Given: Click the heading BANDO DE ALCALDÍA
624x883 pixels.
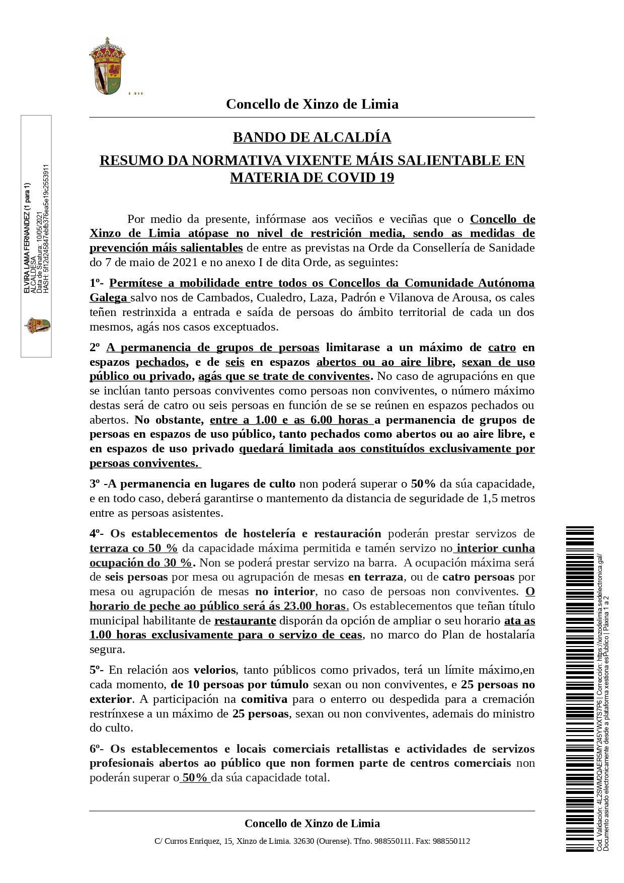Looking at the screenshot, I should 312,137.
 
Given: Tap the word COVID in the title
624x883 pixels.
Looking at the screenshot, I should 352,178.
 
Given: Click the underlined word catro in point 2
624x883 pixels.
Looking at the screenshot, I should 502,348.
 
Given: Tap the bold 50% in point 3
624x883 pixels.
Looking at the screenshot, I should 423,484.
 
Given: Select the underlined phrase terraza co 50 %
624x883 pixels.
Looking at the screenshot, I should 133,548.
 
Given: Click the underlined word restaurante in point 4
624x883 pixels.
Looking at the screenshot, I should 245,620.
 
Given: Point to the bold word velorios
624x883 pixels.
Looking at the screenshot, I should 214,670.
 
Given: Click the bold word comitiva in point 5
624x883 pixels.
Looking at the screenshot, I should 264,699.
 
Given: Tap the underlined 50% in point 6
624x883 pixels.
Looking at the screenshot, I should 195,777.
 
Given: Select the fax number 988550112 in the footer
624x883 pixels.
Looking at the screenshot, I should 451,841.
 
